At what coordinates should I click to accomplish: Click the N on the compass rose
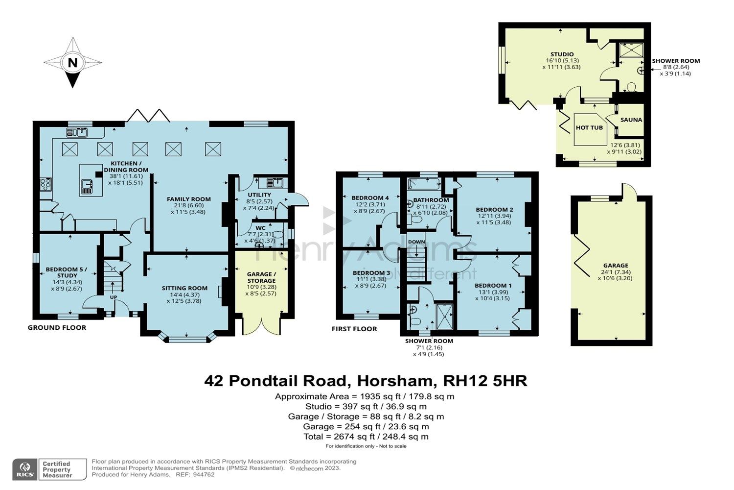[72, 63]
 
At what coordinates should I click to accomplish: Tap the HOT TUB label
[589, 127]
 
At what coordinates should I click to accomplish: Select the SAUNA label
[631, 120]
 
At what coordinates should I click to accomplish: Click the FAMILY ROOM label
[189, 199]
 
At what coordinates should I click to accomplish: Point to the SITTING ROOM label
[184, 288]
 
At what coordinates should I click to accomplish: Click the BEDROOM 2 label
[494, 210]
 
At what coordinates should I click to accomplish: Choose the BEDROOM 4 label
[370, 198]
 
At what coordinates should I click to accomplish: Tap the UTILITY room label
[259, 195]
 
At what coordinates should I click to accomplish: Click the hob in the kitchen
[46, 184]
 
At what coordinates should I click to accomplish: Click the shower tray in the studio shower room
[631, 50]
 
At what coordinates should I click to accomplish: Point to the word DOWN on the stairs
[416, 242]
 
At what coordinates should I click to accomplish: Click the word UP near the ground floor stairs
[113, 297]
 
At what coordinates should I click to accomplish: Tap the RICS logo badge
[24, 469]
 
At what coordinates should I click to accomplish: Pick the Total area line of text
[366, 437]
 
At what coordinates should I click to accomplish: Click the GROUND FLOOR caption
[57, 328]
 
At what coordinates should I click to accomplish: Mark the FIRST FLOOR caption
[354, 329]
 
